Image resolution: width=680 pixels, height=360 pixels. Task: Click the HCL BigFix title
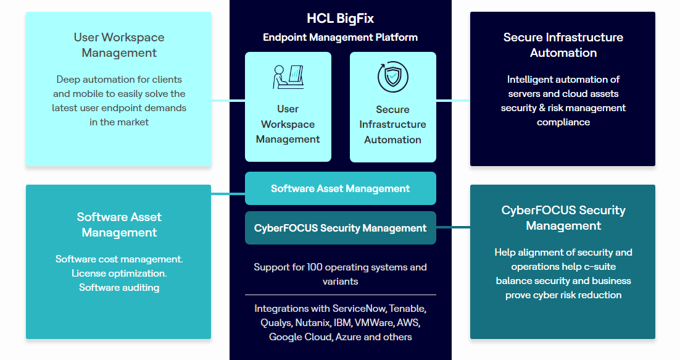pos(340,19)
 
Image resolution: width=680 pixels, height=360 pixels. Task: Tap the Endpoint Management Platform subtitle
pos(340,37)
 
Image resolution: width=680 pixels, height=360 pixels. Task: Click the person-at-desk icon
pos(288,77)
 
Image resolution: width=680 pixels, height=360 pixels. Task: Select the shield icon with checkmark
pos(392,77)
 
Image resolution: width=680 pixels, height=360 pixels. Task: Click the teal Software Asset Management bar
pos(341,188)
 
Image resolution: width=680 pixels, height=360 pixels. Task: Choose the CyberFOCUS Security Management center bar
pos(341,228)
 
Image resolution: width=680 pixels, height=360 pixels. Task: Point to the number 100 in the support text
pos(315,267)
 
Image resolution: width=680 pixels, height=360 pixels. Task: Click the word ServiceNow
pos(359,308)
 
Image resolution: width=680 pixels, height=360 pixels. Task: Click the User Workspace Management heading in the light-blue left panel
pos(119,44)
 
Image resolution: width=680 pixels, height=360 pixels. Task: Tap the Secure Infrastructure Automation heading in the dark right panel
pos(563,44)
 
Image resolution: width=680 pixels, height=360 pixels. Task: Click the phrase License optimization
pos(119,274)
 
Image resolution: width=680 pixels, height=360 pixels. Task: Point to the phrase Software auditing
pos(119,288)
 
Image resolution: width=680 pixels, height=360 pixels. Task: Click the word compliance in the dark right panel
pos(563,122)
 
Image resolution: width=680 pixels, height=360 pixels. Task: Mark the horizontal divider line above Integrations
pos(341,295)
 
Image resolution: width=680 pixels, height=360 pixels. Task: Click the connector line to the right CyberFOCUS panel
pos(453,227)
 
